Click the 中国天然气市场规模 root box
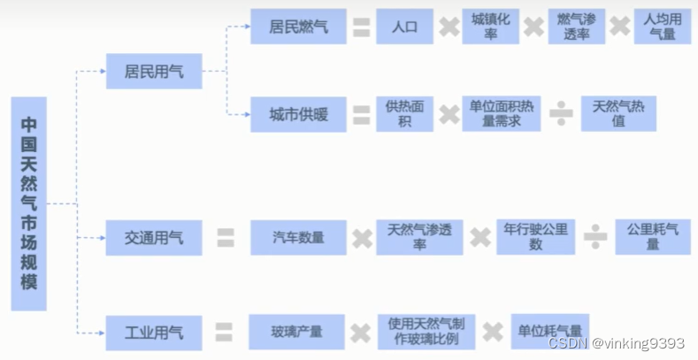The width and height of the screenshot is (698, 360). [x=28, y=203]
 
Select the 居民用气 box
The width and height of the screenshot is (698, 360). [x=154, y=71]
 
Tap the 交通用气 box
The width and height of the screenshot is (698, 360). [x=154, y=238]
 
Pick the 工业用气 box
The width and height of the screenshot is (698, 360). [x=154, y=333]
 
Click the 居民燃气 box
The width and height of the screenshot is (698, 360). [x=298, y=27]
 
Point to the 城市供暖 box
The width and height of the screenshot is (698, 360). [x=298, y=114]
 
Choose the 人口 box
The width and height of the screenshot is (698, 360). [x=403, y=27]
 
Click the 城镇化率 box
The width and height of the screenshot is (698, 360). [x=489, y=27]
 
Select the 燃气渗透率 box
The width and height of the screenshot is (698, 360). [x=576, y=27]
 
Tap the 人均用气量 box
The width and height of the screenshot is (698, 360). [x=662, y=27]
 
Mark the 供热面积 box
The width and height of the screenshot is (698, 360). [x=404, y=114]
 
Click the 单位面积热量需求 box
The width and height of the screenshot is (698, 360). [x=501, y=114]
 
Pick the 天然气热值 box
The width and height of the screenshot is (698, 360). [x=618, y=114]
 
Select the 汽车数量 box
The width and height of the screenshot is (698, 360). [x=298, y=238]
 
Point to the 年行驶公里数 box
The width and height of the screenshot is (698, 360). [x=535, y=237]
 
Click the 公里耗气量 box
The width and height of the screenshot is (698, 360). [x=652, y=237]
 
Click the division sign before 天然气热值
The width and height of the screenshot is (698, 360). [x=560, y=115]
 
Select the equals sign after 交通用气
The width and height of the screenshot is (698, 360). [x=226, y=238]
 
